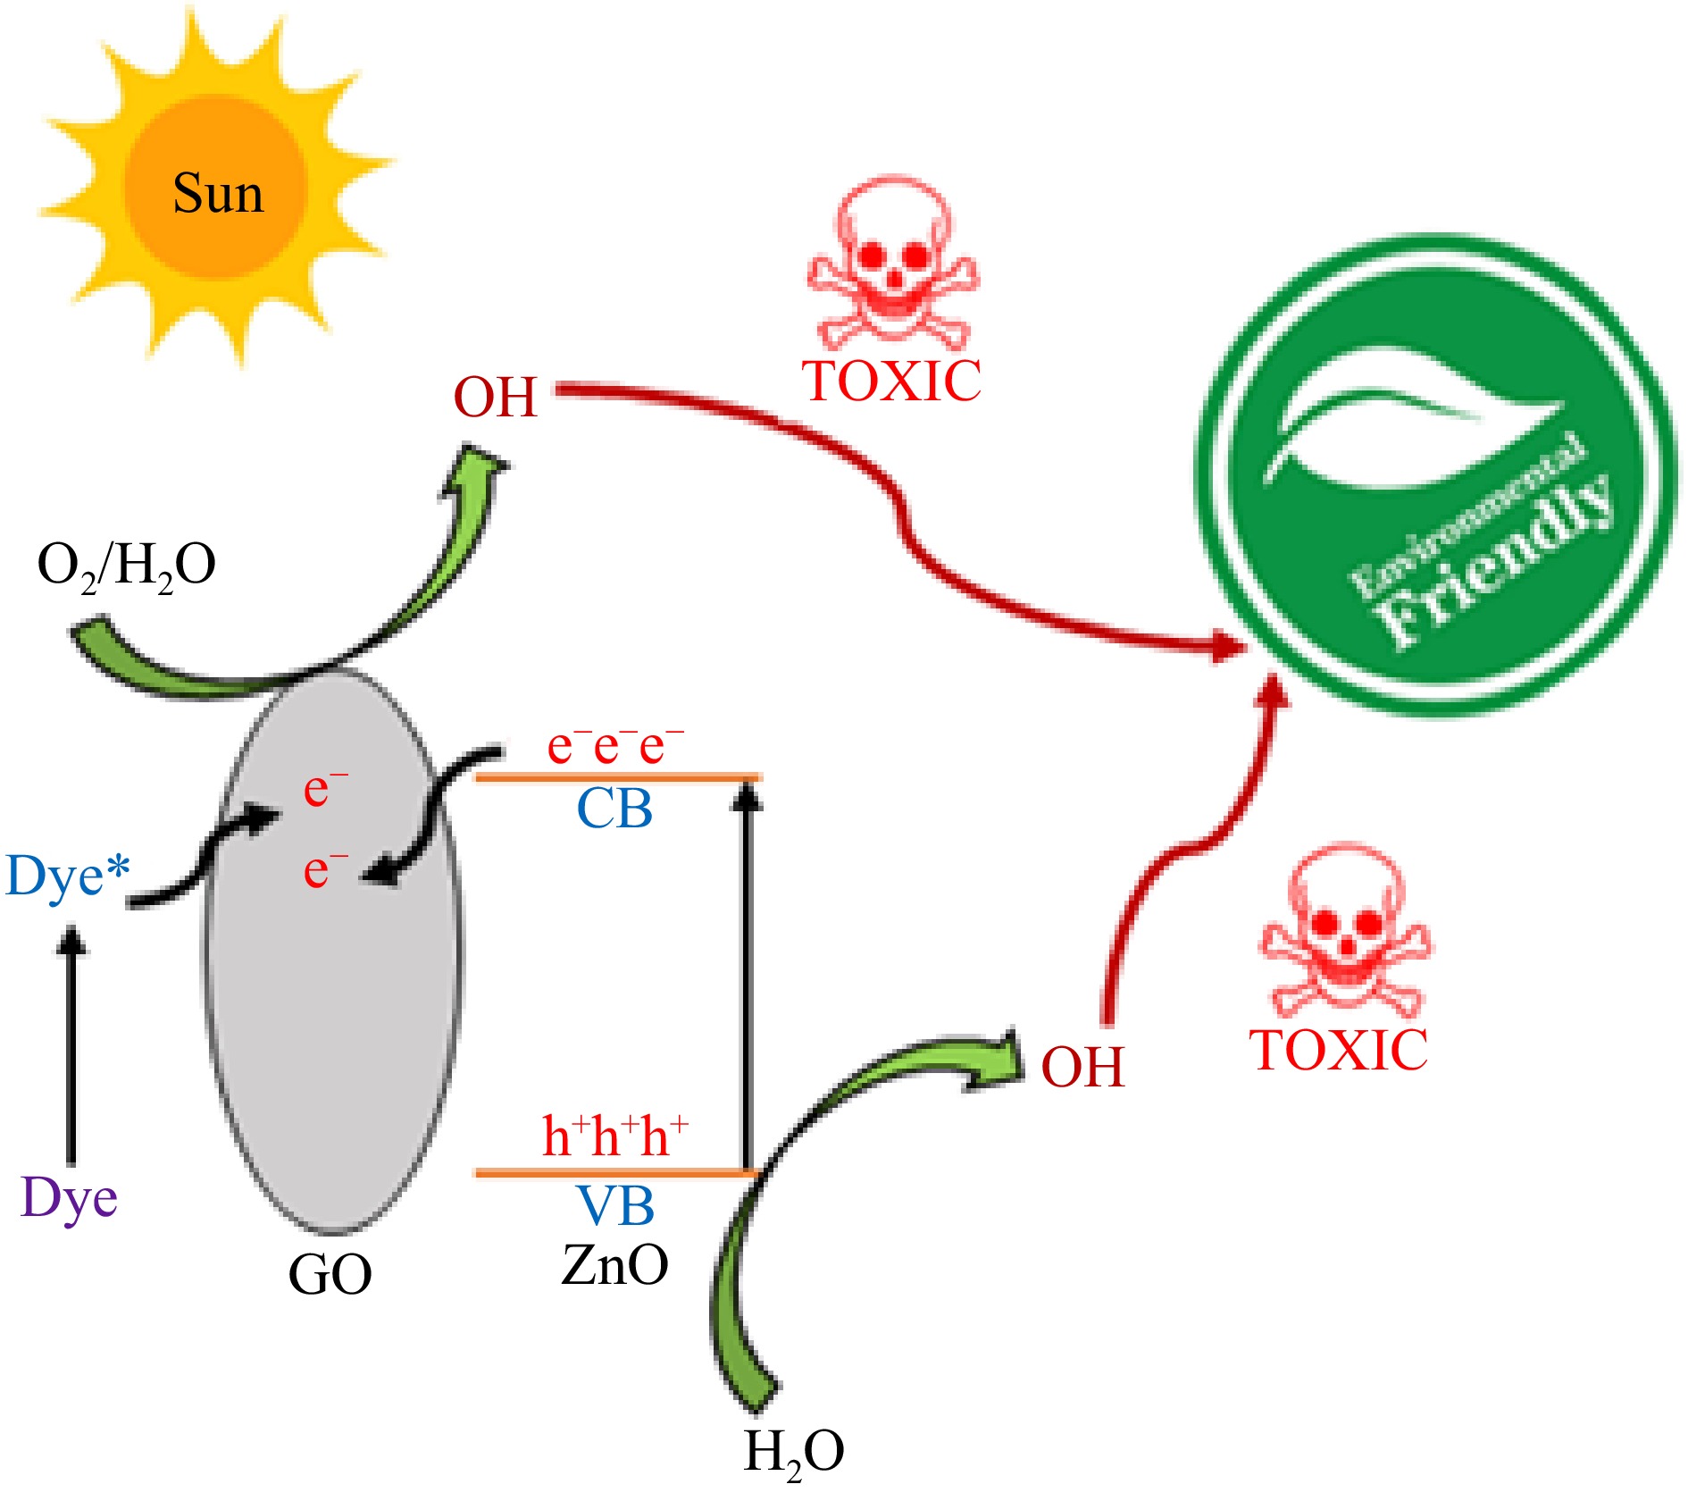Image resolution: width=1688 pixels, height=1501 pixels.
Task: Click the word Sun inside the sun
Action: pyautogui.click(x=218, y=194)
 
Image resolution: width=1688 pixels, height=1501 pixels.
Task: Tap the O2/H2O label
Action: pyautogui.click(x=126, y=566)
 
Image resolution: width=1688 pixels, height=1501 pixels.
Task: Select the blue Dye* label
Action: pyautogui.click(x=68, y=876)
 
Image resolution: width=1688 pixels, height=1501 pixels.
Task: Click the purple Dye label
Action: pyautogui.click(x=69, y=1198)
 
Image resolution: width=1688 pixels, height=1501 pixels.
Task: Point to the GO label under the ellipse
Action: pyautogui.click(x=330, y=1275)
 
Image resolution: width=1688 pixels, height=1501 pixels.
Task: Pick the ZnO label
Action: pyautogui.click(x=614, y=1265)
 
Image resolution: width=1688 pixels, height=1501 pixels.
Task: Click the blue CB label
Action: pyautogui.click(x=614, y=809)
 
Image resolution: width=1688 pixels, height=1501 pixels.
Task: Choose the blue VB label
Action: pyautogui.click(x=614, y=1206)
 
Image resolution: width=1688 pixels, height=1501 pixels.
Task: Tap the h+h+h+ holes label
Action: pyautogui.click(x=614, y=1136)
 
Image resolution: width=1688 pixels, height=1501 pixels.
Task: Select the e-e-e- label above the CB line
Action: pyautogui.click(x=614, y=745)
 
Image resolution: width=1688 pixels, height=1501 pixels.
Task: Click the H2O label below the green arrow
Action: pyautogui.click(x=793, y=1453)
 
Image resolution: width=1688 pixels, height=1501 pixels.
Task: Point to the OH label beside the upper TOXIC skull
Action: pyautogui.click(x=496, y=397)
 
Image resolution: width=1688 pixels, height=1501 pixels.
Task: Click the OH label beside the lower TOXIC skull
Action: pyautogui.click(x=1082, y=1067)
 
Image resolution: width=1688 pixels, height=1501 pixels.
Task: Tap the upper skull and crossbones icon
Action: pyautogui.click(x=893, y=264)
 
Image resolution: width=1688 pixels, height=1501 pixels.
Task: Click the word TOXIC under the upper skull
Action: pyautogui.click(x=892, y=382)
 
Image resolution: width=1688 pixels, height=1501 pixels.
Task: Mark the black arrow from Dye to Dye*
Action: pyautogui.click(x=71, y=1045)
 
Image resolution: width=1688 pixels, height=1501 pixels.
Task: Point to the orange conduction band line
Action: pyautogui.click(x=616, y=778)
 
